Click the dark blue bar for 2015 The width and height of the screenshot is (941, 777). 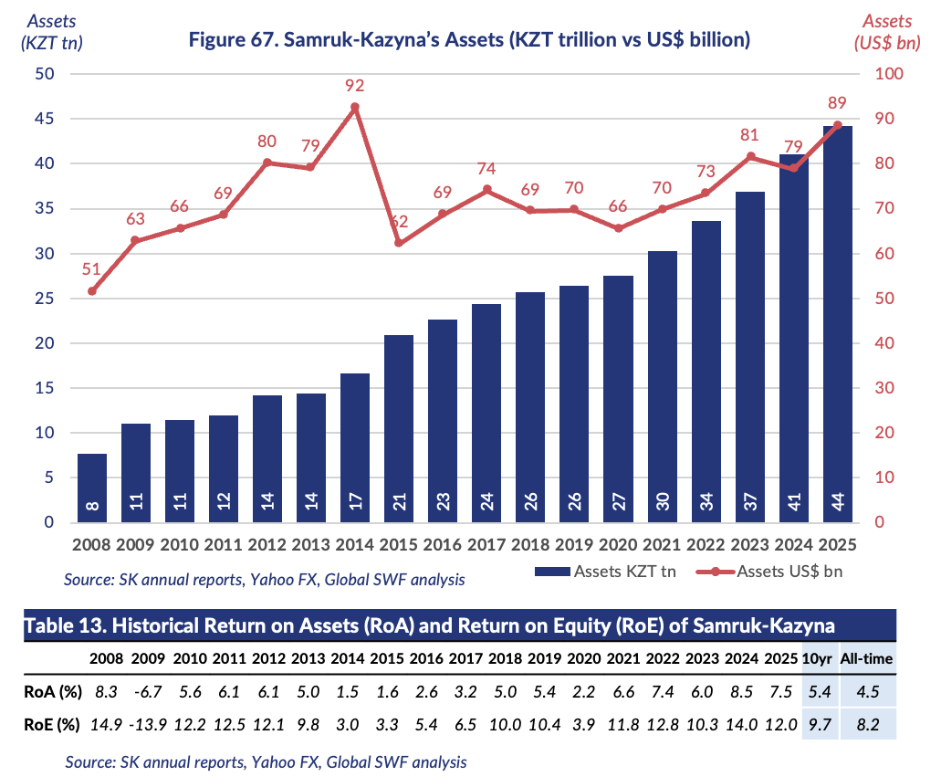pos(399,428)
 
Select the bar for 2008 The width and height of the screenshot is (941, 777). pos(92,488)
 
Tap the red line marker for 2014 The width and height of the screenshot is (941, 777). pos(355,108)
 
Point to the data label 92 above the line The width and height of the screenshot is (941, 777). pos(355,86)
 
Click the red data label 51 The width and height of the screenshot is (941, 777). pos(92,268)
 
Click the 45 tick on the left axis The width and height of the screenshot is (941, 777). pos(44,119)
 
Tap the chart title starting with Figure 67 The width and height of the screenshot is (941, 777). pos(468,39)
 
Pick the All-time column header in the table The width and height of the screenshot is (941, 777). pos(868,658)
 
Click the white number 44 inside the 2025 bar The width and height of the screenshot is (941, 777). pos(837,503)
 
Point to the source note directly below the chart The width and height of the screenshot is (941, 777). pos(265,579)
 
